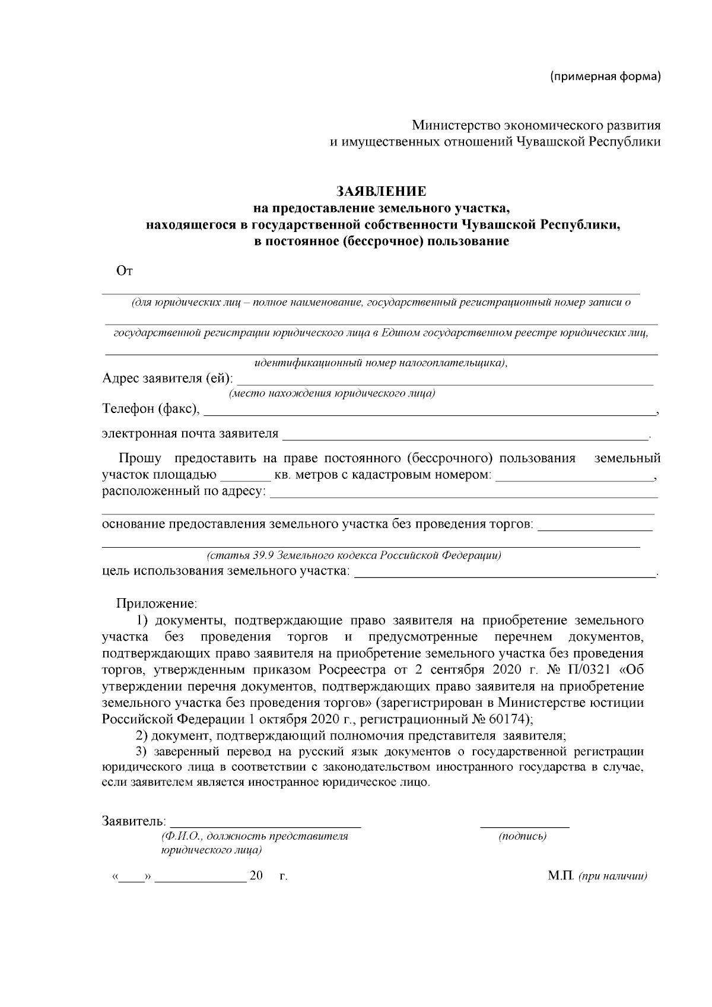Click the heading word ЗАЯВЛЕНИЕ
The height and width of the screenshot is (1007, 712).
pyautogui.click(x=381, y=191)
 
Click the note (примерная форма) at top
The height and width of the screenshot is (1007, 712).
pyautogui.click(x=605, y=77)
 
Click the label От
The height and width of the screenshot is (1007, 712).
pyautogui.click(x=125, y=272)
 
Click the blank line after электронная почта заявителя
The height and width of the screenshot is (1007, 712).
pyautogui.click(x=466, y=435)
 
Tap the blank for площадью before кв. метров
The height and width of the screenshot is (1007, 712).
pyautogui.click(x=245, y=477)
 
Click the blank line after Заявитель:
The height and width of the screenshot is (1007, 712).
pyautogui.click(x=265, y=822)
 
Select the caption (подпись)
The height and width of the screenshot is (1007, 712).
pyautogui.click(x=523, y=836)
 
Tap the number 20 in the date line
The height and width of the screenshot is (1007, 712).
pyautogui.click(x=256, y=876)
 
